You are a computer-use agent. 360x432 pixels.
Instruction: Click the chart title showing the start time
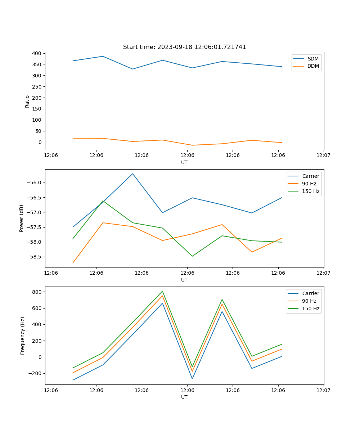(x=184, y=47)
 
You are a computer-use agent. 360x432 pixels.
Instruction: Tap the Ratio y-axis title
(x=27, y=101)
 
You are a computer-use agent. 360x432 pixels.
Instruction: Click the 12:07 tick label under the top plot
(x=323, y=155)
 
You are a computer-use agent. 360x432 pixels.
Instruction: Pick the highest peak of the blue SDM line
(x=103, y=56)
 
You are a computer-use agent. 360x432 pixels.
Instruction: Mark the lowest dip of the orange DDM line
(x=192, y=145)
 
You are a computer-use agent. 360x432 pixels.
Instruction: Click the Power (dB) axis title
(x=22, y=218)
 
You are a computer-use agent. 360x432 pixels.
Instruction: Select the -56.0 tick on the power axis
(x=35, y=183)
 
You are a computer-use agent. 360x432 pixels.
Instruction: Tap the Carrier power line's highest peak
(x=132, y=174)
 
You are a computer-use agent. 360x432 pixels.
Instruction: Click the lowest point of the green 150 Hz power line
(x=192, y=256)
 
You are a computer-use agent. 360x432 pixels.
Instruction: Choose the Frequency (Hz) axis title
(x=23, y=336)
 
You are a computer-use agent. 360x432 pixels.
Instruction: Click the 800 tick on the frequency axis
(x=37, y=292)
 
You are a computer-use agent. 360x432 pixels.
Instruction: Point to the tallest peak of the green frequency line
(x=162, y=291)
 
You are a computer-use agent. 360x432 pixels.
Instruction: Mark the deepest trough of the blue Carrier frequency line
(x=73, y=380)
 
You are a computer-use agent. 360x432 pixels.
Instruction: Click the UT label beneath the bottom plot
(x=184, y=397)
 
